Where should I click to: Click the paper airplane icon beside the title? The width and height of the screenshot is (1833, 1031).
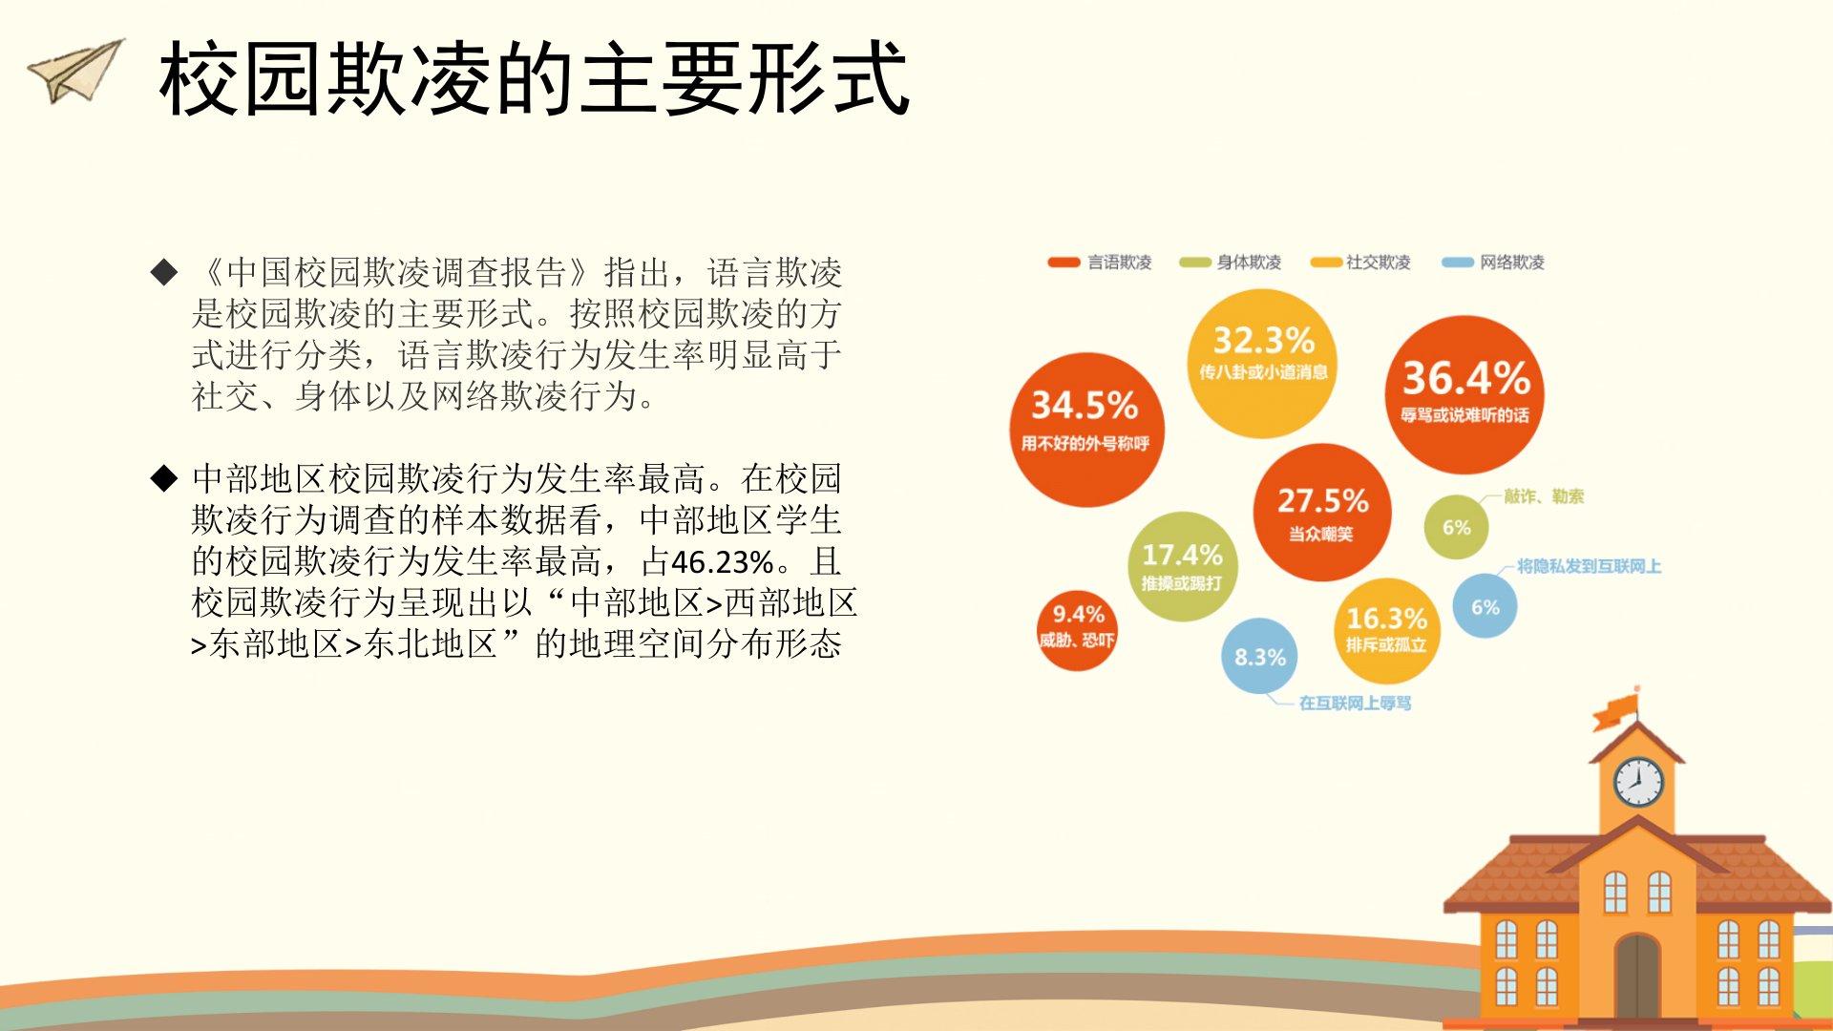point(76,71)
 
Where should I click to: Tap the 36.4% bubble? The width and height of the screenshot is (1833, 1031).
point(1464,394)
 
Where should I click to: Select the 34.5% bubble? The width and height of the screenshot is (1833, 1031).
point(1086,430)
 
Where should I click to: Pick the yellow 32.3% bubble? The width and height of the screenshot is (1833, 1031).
point(1262,363)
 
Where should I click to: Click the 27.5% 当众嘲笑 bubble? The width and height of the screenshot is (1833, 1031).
point(1322,513)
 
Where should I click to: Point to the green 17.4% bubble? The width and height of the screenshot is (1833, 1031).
point(1182,566)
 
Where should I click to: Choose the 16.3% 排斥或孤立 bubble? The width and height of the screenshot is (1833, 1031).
point(1386,630)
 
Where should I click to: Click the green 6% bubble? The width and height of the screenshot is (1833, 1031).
point(1456,527)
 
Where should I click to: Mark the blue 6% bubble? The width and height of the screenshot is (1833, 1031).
point(1485,606)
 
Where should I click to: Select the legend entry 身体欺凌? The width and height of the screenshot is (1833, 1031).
point(1231,262)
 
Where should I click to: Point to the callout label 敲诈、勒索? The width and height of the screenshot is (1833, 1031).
point(1544,496)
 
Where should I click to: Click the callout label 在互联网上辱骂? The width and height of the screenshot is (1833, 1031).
point(1355,704)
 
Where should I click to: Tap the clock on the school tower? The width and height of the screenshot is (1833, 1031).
point(1638,782)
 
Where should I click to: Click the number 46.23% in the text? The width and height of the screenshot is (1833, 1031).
point(722,561)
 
